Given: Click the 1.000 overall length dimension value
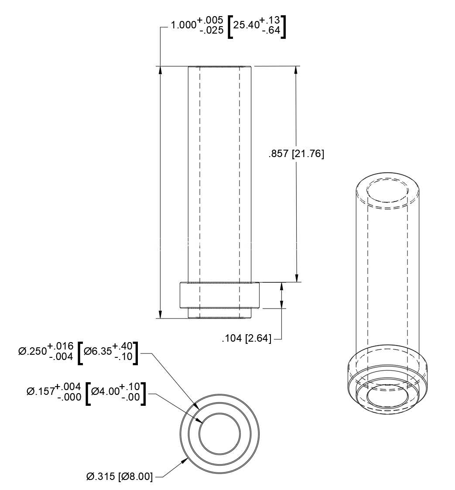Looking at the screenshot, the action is [183, 25].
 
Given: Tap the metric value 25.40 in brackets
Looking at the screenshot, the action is [246, 25].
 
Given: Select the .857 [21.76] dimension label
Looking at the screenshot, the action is [296, 154].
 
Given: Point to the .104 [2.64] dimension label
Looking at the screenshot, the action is [246, 338].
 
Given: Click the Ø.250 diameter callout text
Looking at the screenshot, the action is [32, 351].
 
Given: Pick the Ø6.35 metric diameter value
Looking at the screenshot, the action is [98, 351].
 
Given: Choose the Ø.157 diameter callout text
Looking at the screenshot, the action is [41, 391].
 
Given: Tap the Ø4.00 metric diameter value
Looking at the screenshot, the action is [106, 391].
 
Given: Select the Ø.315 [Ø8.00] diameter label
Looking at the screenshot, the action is [120, 476].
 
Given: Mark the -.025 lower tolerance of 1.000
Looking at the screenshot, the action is [212, 30].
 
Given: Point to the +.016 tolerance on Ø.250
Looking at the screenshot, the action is [61, 346].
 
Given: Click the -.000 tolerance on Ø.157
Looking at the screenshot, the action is [69, 397].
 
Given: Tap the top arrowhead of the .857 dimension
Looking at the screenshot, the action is [296, 70].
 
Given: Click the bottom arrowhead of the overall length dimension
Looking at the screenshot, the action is [161, 314].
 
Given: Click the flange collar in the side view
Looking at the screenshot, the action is [220, 295].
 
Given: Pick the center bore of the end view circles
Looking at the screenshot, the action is [220, 435].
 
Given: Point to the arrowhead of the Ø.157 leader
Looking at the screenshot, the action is [200, 421].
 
